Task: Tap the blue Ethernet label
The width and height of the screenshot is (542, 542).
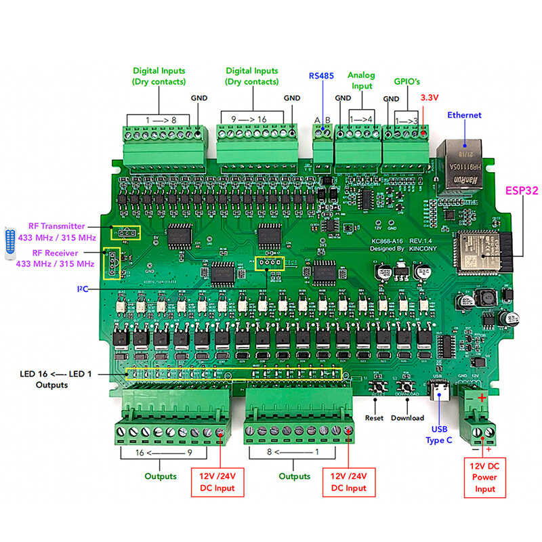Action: click(x=464, y=115)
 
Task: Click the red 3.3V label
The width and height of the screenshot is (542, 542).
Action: click(x=430, y=98)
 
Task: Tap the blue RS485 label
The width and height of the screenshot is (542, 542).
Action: click(x=321, y=76)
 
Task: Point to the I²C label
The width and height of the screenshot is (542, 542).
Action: click(x=82, y=289)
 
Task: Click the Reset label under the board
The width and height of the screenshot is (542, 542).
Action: click(x=374, y=418)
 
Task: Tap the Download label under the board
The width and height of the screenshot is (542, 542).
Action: click(x=407, y=418)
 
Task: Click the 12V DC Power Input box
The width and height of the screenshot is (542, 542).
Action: click(x=484, y=478)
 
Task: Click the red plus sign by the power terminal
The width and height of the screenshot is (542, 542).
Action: click(x=482, y=398)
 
